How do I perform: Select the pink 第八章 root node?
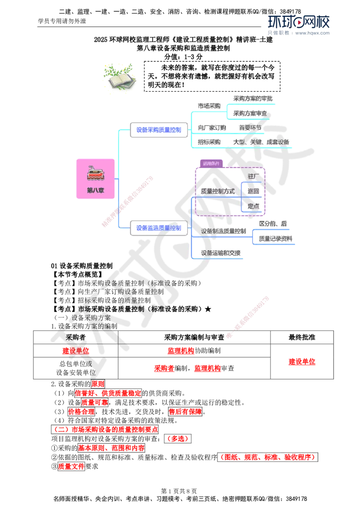[x=95, y=179]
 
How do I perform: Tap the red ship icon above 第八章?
[x=95, y=174]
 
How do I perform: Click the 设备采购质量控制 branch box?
[x=159, y=130]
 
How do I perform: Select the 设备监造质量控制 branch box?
[x=159, y=228]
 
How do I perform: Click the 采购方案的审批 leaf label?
[x=252, y=98]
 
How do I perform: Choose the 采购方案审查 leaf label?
[x=250, y=113]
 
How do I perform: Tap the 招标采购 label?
[x=209, y=142]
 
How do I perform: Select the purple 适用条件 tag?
[x=210, y=164]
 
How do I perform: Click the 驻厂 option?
[x=254, y=176]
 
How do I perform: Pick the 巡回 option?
[x=253, y=191]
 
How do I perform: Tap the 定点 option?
[x=253, y=206]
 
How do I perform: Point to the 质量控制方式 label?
[x=218, y=192]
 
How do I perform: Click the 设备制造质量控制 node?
[x=224, y=231]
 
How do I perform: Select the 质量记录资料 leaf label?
[x=274, y=239]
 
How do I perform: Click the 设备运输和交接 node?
[x=220, y=253]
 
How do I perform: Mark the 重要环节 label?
[x=250, y=128]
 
